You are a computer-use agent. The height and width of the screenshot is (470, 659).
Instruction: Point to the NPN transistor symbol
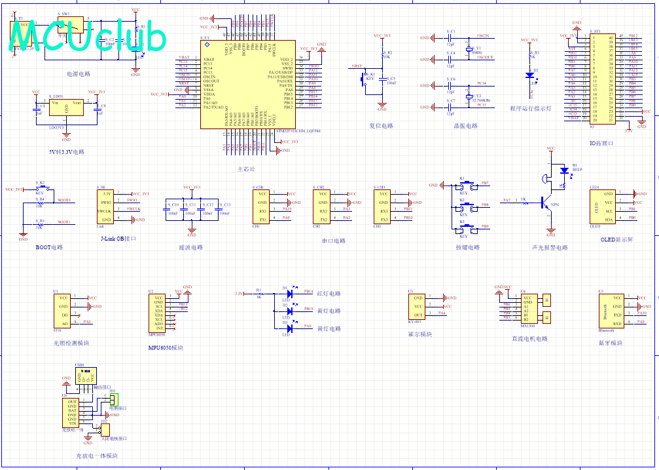(x=546, y=204)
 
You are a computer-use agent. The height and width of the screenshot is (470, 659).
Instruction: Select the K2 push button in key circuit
(x=465, y=209)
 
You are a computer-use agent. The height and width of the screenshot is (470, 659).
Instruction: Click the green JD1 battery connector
(x=114, y=399)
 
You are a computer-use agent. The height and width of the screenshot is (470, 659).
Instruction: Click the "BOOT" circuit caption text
(x=49, y=248)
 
